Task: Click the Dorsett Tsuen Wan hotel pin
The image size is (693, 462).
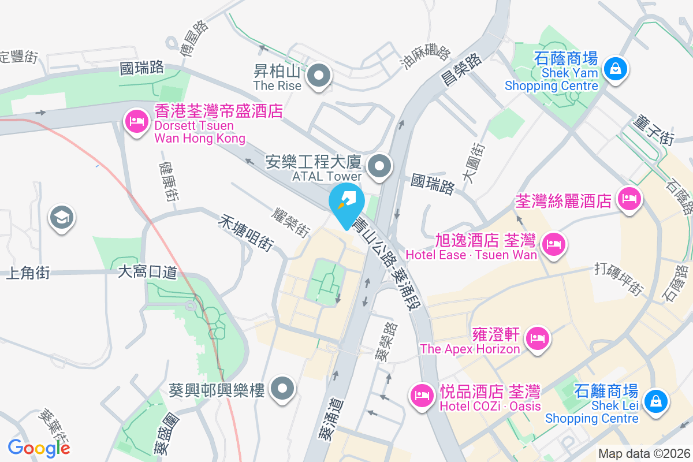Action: click(136, 122)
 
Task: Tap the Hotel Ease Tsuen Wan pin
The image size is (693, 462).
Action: click(554, 244)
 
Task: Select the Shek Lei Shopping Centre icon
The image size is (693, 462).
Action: click(655, 401)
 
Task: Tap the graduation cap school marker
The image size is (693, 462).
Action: click(61, 219)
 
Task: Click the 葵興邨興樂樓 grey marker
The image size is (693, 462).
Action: click(283, 390)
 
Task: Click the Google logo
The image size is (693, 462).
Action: click(39, 448)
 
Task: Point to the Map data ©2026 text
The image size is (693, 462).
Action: click(643, 453)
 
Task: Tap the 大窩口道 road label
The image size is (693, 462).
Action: click(147, 271)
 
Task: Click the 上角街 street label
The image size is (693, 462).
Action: click(27, 273)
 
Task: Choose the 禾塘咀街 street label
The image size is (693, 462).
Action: click(246, 233)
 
